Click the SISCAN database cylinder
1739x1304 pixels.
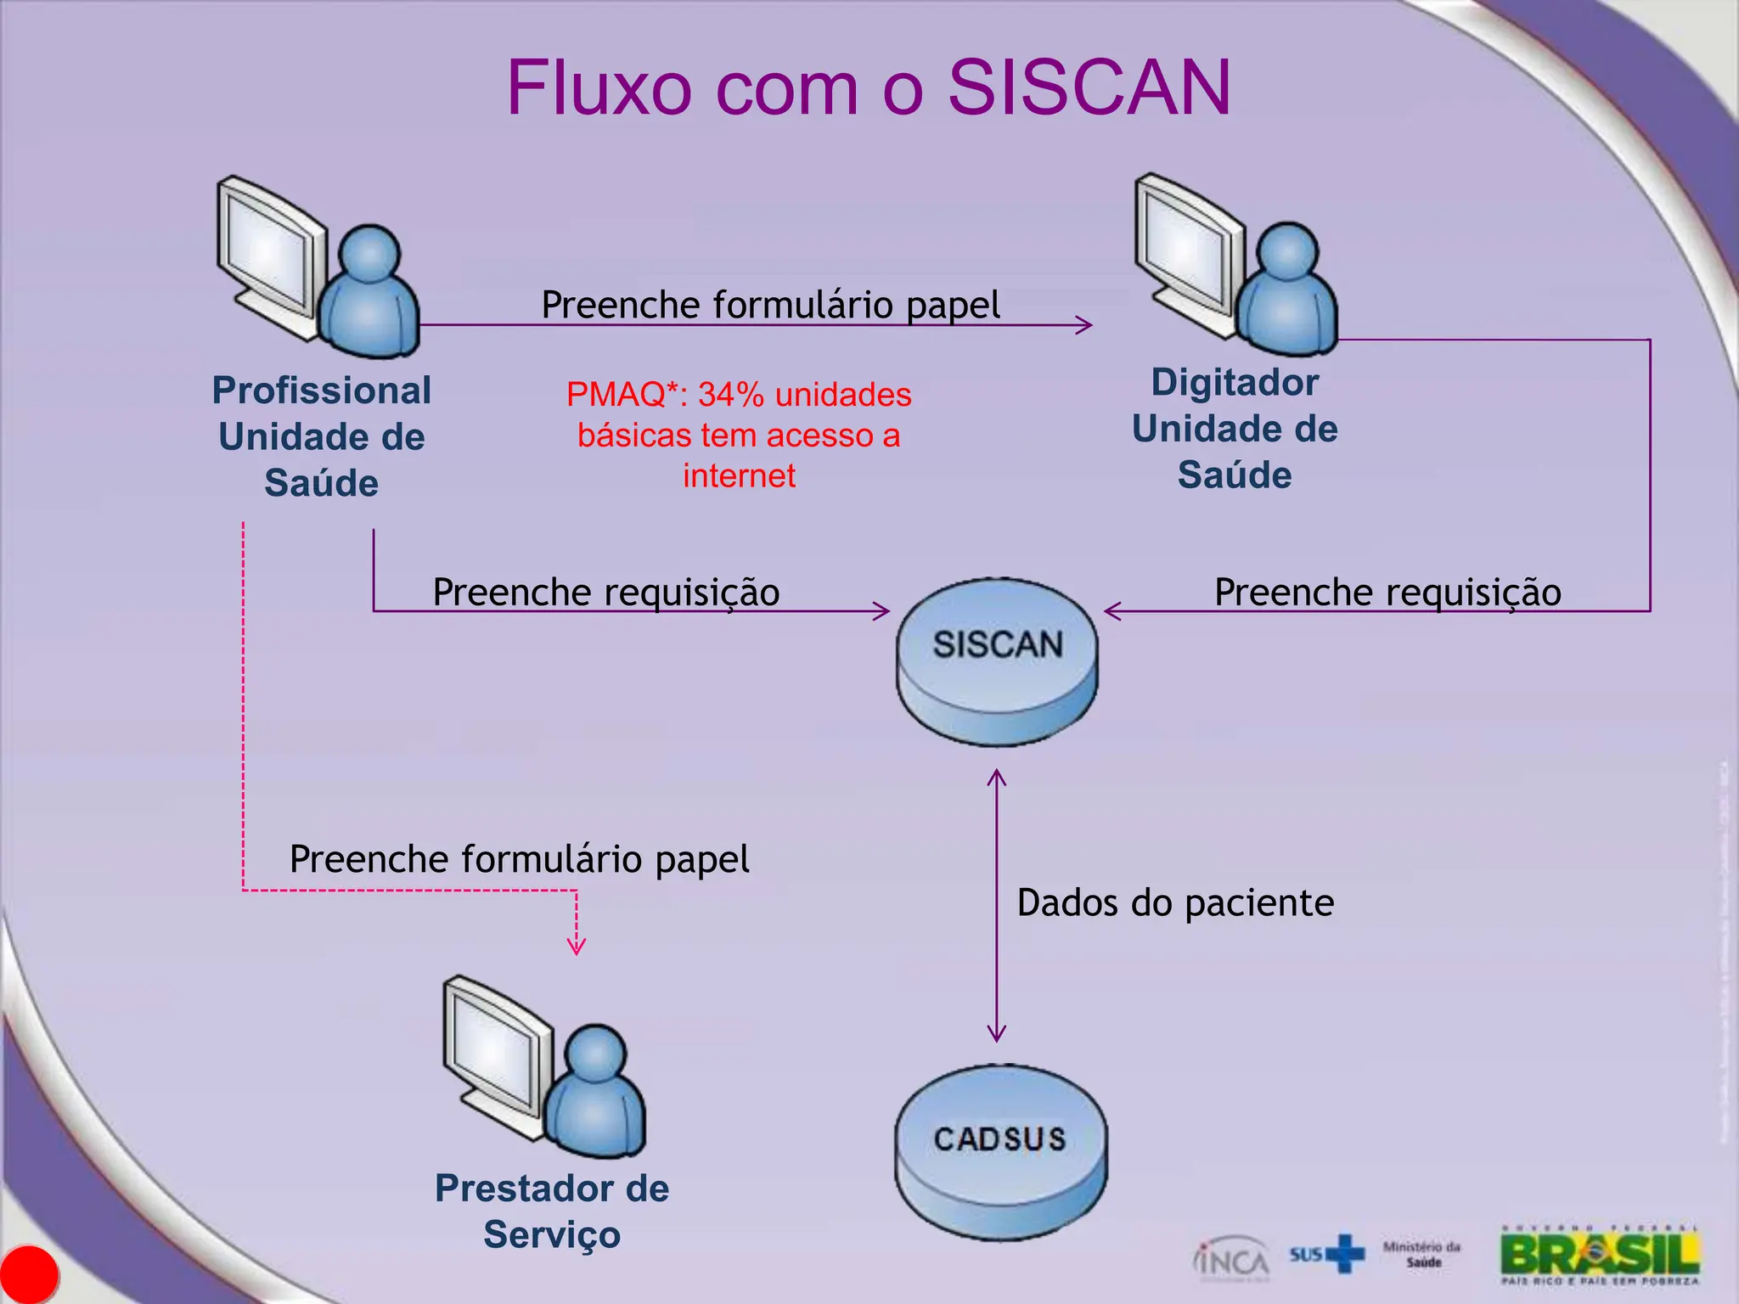998,662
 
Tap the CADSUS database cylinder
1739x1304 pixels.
1000,1152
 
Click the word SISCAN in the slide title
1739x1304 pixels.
1089,87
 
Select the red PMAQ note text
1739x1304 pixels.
739,435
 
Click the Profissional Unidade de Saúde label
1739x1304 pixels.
321,436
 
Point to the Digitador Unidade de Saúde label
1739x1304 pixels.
1235,428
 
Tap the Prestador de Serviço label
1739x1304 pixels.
552,1211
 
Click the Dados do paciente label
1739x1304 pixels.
1175,902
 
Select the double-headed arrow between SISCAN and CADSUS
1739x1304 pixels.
997,905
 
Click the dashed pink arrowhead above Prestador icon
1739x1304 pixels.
577,946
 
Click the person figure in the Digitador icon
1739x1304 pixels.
1286,293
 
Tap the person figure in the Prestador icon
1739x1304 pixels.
594,1095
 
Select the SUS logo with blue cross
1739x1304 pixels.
1327,1254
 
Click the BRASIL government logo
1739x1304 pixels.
1600,1255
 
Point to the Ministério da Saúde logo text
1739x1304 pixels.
1422,1254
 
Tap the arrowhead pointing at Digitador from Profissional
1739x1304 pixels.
1084,324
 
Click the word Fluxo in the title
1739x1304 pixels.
598,87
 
